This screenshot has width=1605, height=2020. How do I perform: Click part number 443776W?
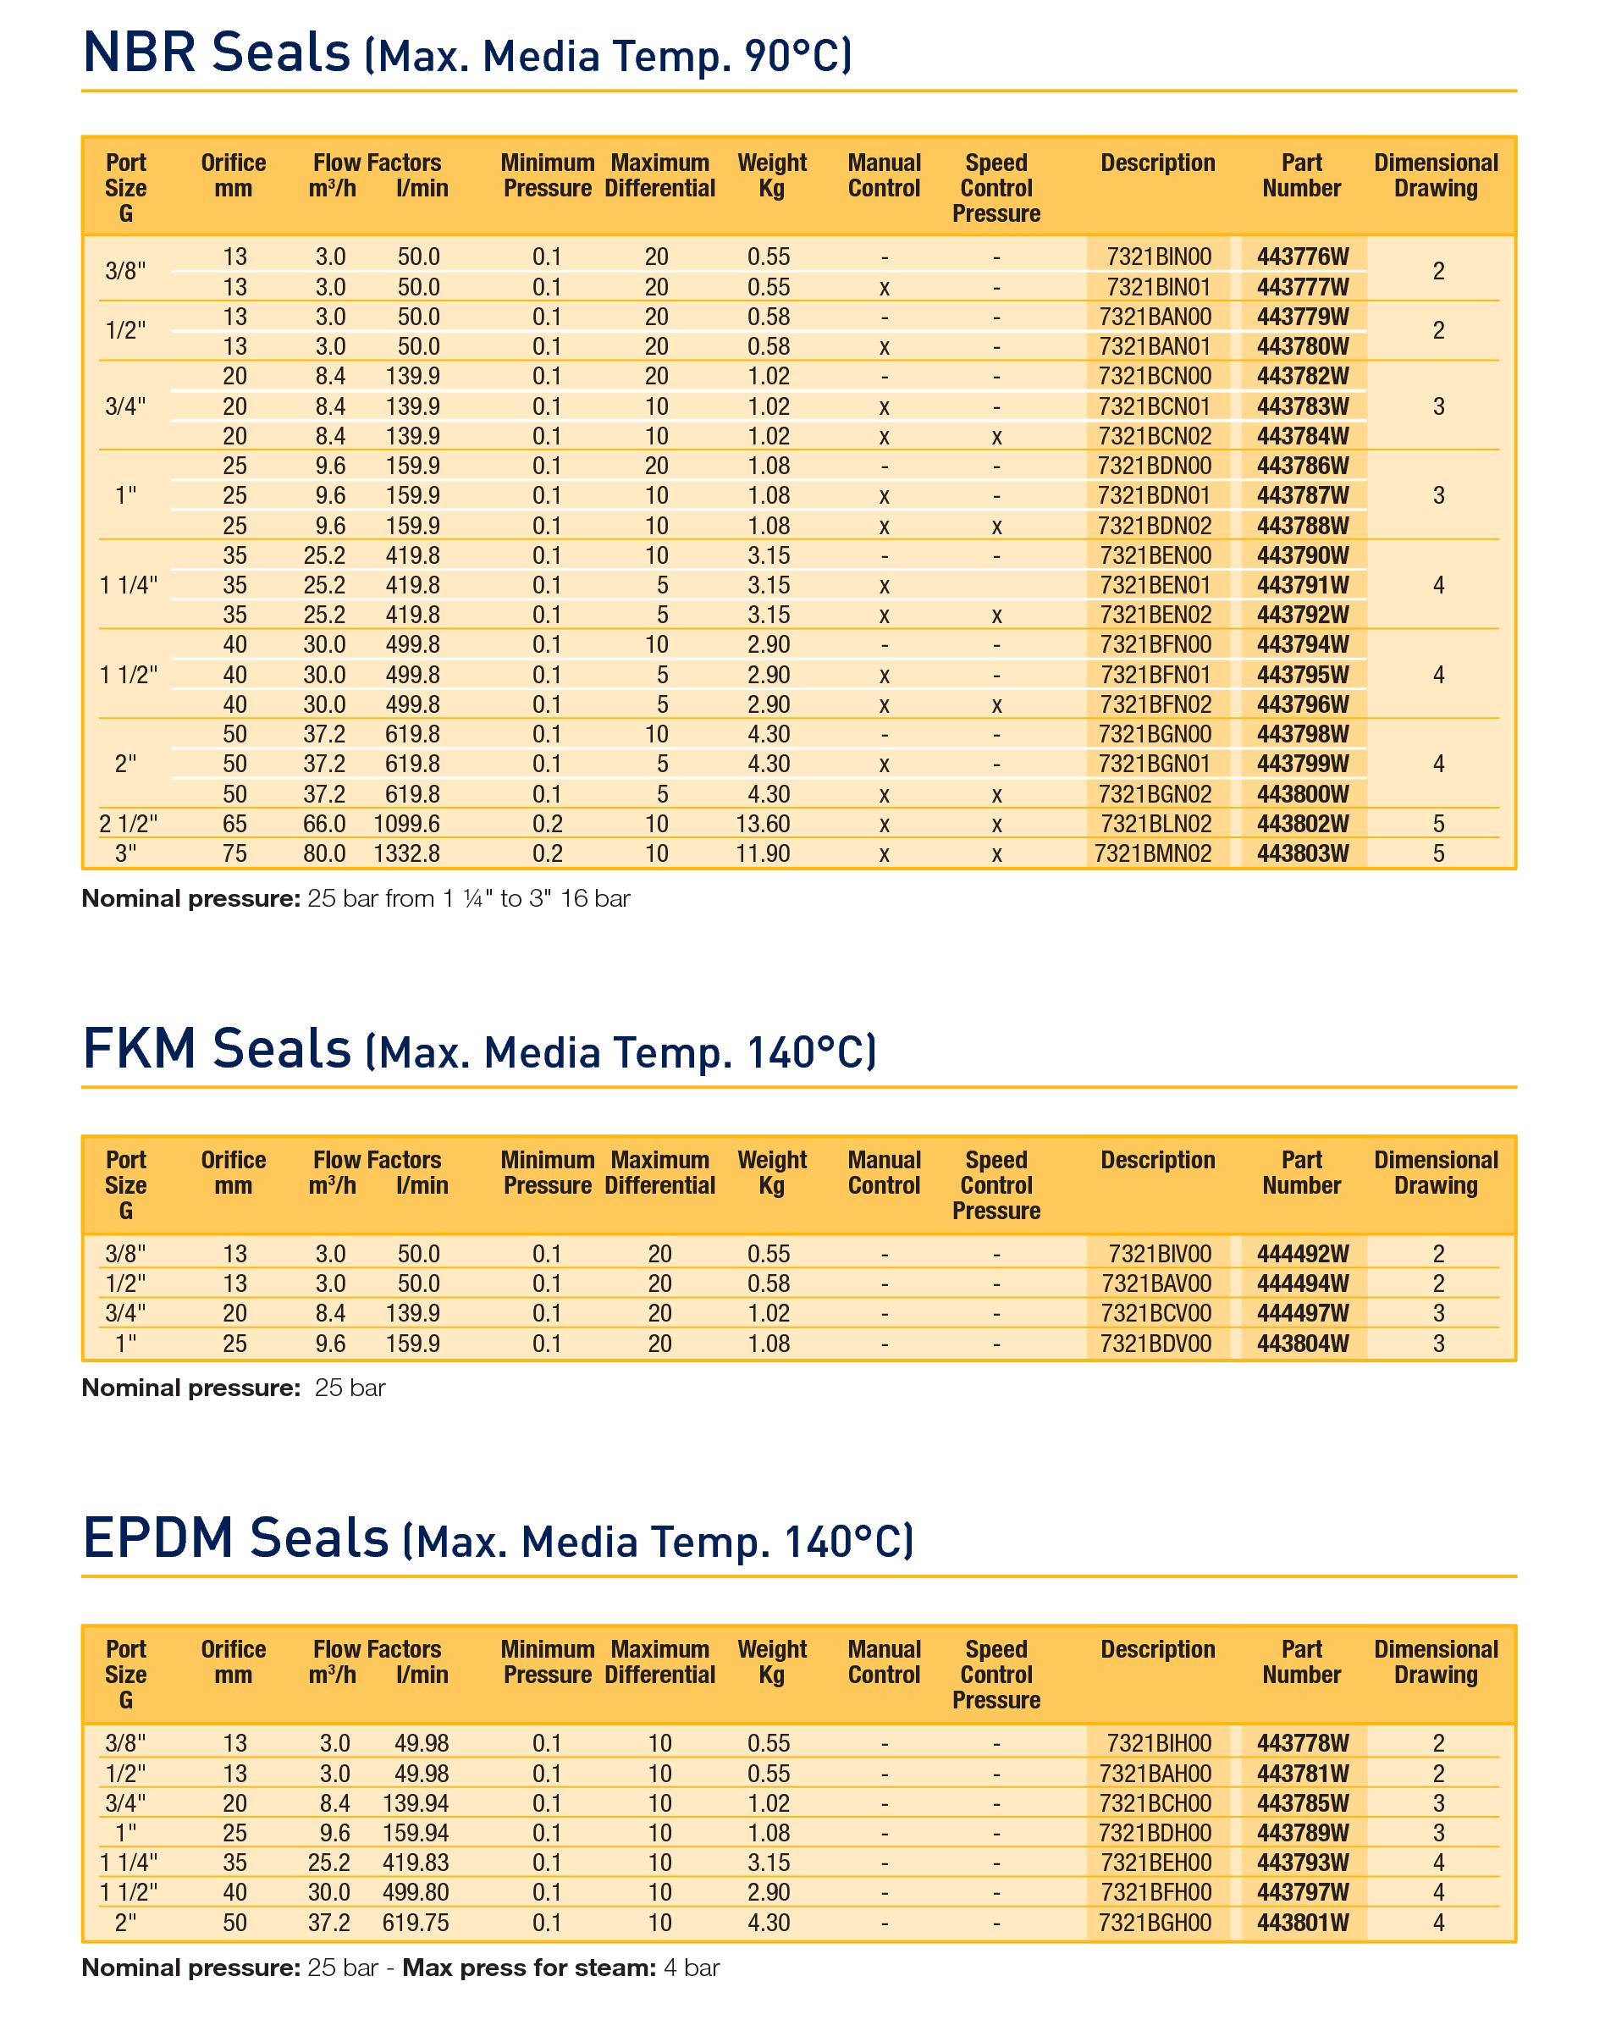click(x=1302, y=257)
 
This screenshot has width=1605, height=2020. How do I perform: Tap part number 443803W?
click(x=1302, y=853)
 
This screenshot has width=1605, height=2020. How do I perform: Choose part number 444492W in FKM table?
click(x=1302, y=1254)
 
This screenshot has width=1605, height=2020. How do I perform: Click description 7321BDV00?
click(x=1155, y=1344)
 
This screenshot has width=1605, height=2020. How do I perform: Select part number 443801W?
click(x=1302, y=1923)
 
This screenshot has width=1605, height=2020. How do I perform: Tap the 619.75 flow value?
click(x=415, y=1923)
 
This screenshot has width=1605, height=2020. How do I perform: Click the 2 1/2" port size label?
click(x=129, y=824)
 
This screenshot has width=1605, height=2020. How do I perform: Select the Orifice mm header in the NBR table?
click(x=234, y=175)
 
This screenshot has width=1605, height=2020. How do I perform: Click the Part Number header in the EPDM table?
click(x=1301, y=1661)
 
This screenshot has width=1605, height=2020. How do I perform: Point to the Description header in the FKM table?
click(x=1157, y=1160)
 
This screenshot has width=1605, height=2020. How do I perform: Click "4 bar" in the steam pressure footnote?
click(x=692, y=1968)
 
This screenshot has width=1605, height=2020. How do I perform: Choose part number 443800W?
click(x=1302, y=794)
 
